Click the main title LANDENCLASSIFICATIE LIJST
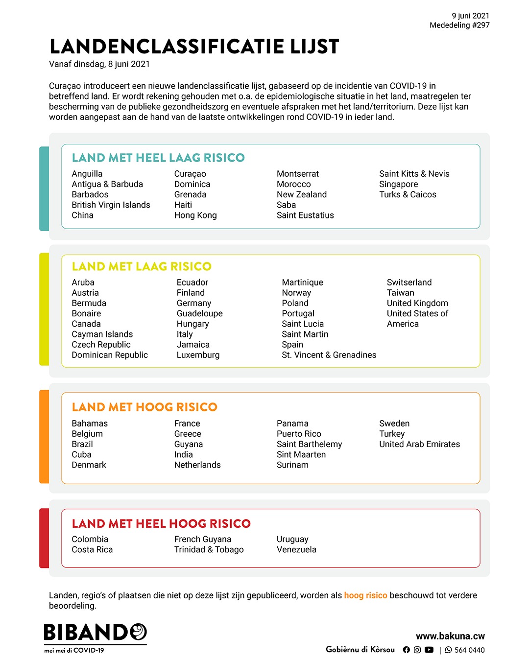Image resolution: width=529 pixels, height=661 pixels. (x=194, y=47)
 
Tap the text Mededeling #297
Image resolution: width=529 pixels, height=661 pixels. (x=459, y=25)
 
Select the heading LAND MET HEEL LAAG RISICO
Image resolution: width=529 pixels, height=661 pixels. (x=158, y=158)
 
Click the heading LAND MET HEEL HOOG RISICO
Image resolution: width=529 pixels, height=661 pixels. (x=161, y=523)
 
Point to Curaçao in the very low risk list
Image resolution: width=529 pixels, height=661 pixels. (x=190, y=174)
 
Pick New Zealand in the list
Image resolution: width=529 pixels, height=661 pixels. (x=301, y=194)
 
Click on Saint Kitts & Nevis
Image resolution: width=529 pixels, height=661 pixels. (x=414, y=174)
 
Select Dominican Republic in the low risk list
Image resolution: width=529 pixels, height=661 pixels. (x=110, y=355)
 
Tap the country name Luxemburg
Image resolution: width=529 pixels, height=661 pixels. (x=198, y=355)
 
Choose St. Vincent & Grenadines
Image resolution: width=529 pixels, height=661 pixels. (x=329, y=355)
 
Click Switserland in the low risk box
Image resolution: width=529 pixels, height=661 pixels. (x=409, y=283)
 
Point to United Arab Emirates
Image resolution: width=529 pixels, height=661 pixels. (x=419, y=444)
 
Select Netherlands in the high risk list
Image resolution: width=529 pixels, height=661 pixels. (x=197, y=465)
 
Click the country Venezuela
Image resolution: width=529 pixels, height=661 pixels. (x=296, y=549)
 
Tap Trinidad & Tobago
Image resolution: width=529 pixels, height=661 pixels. (x=209, y=549)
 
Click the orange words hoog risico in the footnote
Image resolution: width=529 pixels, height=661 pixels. (x=365, y=595)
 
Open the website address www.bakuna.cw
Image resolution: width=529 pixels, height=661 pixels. (x=450, y=636)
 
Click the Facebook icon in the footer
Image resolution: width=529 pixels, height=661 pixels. (x=406, y=650)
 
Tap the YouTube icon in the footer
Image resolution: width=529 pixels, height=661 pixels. (x=429, y=650)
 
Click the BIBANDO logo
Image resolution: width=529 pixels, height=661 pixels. (x=96, y=633)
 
